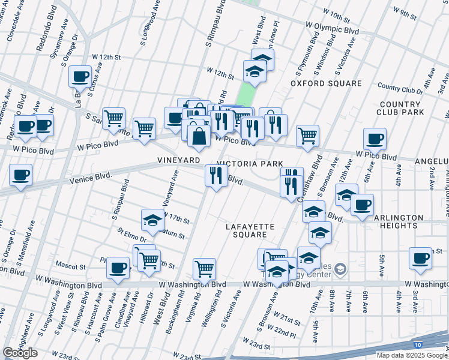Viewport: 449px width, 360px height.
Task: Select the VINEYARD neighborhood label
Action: [178, 161]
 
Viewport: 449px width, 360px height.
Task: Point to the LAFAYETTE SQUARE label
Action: [250, 230]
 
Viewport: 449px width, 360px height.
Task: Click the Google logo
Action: [20, 353]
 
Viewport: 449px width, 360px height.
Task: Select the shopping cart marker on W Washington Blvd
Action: [205, 269]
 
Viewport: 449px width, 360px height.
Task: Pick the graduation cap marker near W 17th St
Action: [152, 220]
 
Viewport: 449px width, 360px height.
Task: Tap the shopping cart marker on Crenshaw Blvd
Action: [308, 136]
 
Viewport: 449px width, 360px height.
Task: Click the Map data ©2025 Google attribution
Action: [412, 355]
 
